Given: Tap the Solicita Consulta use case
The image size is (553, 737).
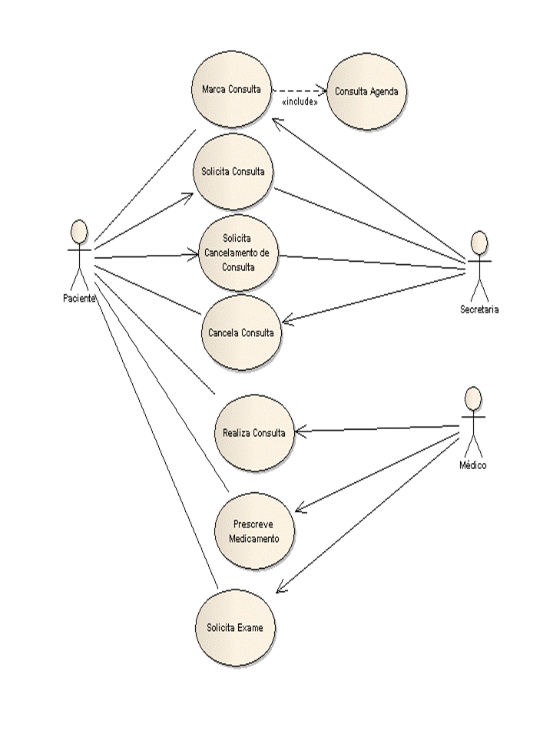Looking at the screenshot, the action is [233, 171].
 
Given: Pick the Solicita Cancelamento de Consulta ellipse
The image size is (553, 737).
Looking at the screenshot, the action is [238, 253].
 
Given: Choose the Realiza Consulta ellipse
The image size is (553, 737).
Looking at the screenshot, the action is [254, 433].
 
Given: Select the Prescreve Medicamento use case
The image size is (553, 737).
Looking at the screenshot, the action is [254, 531].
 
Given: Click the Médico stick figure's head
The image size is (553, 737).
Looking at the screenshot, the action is [473, 399].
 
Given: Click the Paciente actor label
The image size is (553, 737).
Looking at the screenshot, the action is [79, 299].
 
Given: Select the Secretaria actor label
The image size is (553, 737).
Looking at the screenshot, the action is [479, 309].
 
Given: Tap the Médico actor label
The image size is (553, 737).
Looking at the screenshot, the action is [473, 465].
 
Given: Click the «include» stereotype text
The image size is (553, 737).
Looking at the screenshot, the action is [300, 101].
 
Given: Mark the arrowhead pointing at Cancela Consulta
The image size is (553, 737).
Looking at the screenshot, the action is [286, 322].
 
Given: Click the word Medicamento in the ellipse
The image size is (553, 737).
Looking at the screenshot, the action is [254, 539].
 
